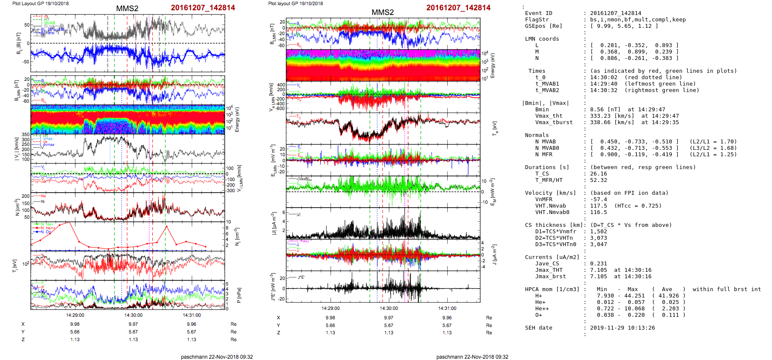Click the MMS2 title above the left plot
127,9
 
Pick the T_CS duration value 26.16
598,174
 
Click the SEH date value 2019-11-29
605,328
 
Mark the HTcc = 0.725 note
638,206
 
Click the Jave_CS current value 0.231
598,264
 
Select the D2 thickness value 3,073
598,238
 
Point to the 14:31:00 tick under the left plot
192,315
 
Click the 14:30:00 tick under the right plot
389,308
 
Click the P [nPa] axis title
239,295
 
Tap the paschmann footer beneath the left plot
217,357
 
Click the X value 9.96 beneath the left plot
191,324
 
